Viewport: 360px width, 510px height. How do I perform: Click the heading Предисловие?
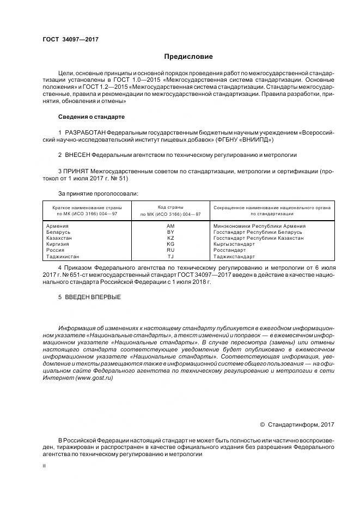coord(188,57)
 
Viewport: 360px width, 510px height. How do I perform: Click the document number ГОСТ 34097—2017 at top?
coord(70,40)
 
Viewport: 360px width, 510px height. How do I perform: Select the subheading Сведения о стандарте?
coord(91,117)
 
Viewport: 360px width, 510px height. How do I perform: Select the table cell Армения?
coord(58,226)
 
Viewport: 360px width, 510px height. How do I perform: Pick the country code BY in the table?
coord(170,232)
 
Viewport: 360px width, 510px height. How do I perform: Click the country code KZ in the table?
coord(170,238)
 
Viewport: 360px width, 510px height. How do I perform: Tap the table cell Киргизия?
coord(59,244)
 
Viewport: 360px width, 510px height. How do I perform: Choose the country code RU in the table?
coord(170,250)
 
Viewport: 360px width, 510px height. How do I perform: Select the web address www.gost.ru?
coord(95,378)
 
